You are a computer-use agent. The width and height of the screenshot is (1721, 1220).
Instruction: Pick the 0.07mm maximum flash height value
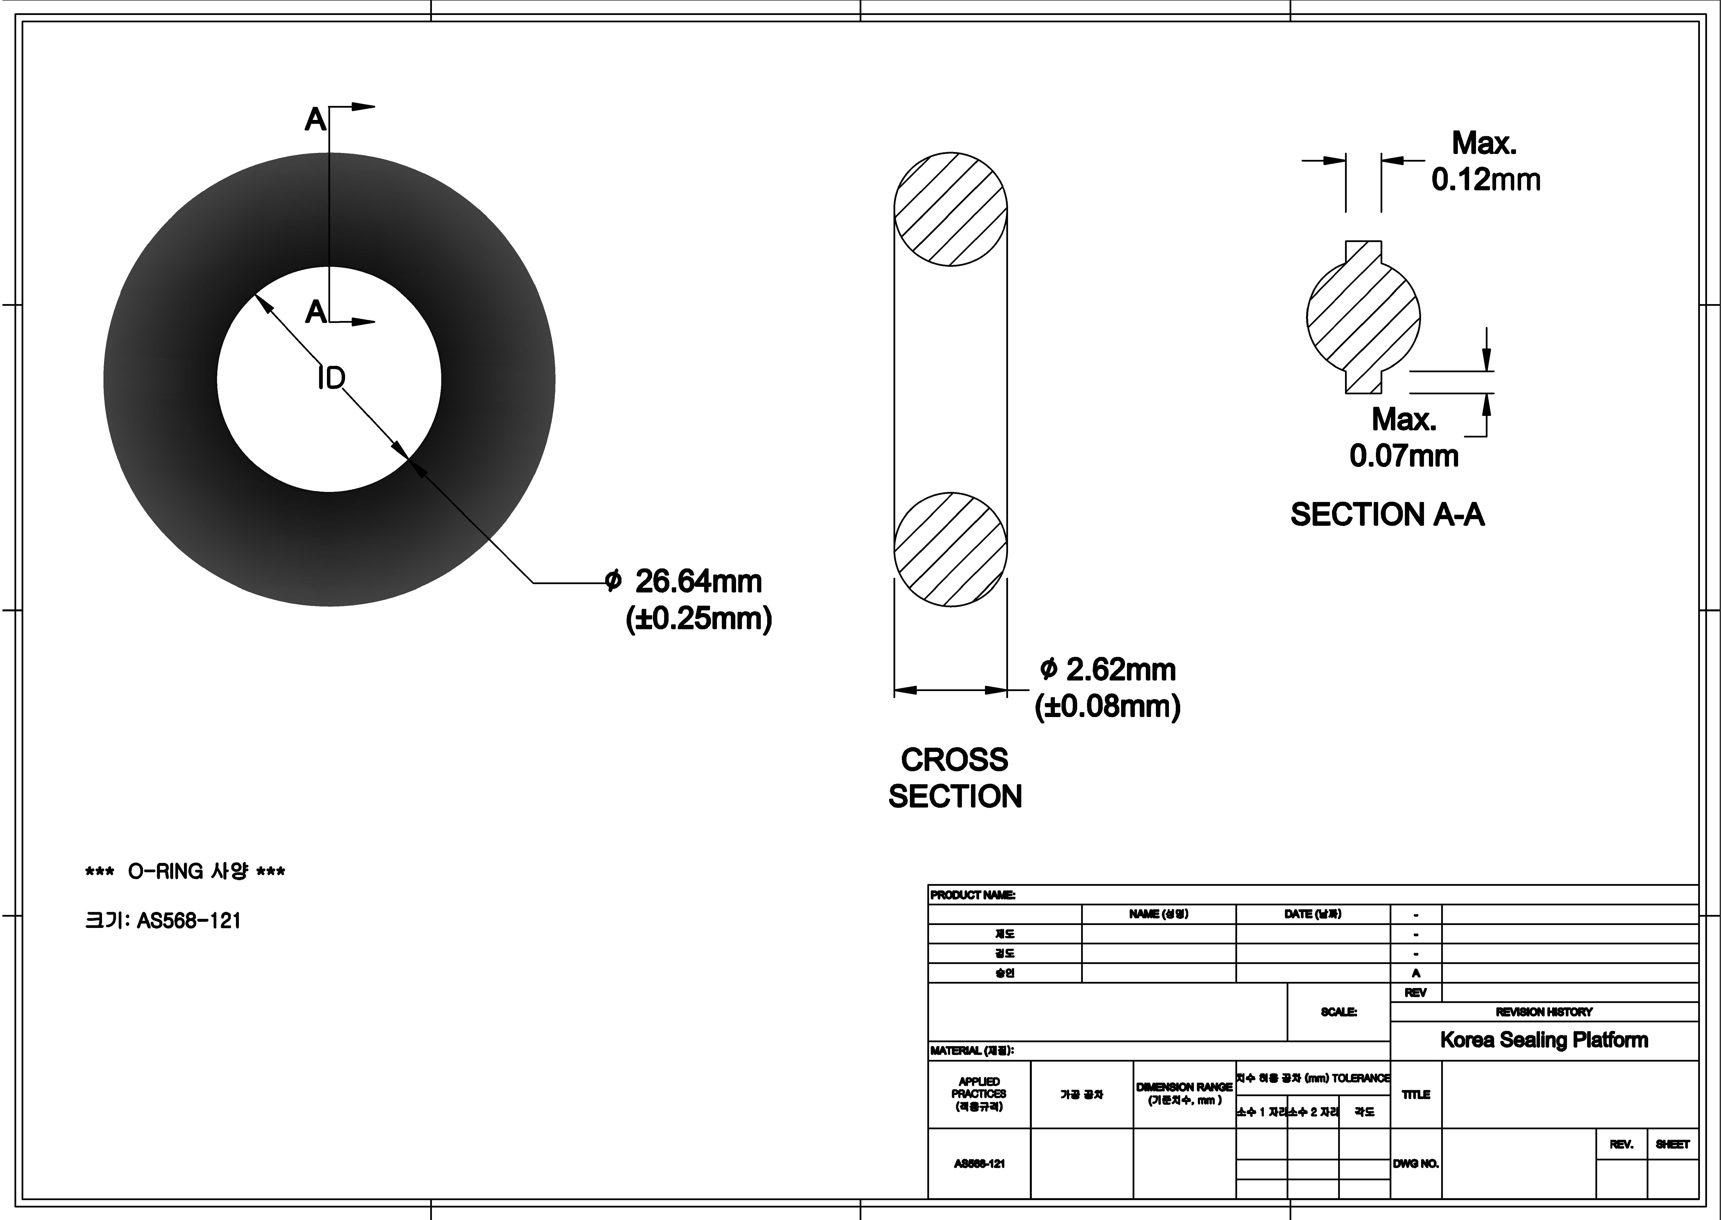pyautogui.click(x=1403, y=456)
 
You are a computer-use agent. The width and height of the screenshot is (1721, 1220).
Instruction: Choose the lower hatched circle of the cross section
pyautogui.click(x=950, y=549)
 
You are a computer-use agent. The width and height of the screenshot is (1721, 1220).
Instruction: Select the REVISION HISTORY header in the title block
pyautogui.click(x=1544, y=1012)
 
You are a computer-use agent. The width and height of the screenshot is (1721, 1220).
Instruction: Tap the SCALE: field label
pyautogui.click(x=1339, y=1012)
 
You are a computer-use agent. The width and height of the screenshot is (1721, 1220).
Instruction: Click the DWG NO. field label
pyautogui.click(x=1415, y=1164)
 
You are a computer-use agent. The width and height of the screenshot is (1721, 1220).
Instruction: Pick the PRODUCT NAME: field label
pyautogui.click(x=973, y=895)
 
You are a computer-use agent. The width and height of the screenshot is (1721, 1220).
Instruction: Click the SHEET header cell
pyautogui.click(x=1672, y=1144)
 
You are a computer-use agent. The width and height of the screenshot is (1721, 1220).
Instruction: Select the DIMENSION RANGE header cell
pyautogui.click(x=1184, y=1093)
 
